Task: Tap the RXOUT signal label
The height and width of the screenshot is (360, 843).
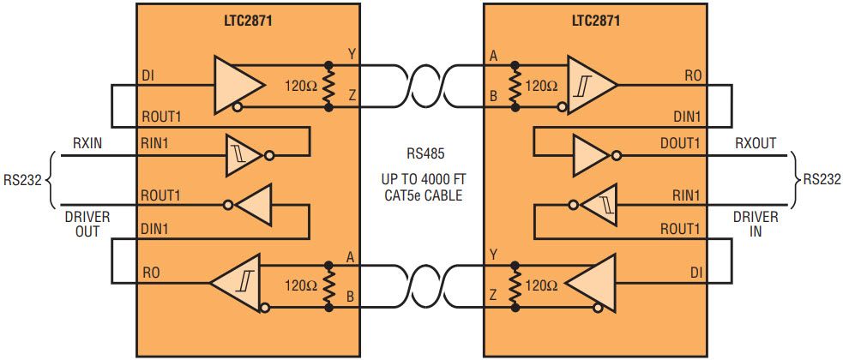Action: [x=756, y=143]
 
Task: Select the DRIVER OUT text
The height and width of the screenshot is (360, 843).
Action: [x=82, y=224]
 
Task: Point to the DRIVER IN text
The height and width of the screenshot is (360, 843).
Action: [x=756, y=224]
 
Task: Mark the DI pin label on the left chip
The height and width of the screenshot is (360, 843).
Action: [x=148, y=76]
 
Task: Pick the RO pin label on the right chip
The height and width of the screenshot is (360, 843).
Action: [x=693, y=76]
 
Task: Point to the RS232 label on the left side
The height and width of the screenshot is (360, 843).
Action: [x=23, y=180]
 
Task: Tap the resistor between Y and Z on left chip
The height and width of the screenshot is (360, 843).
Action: [x=328, y=86]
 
